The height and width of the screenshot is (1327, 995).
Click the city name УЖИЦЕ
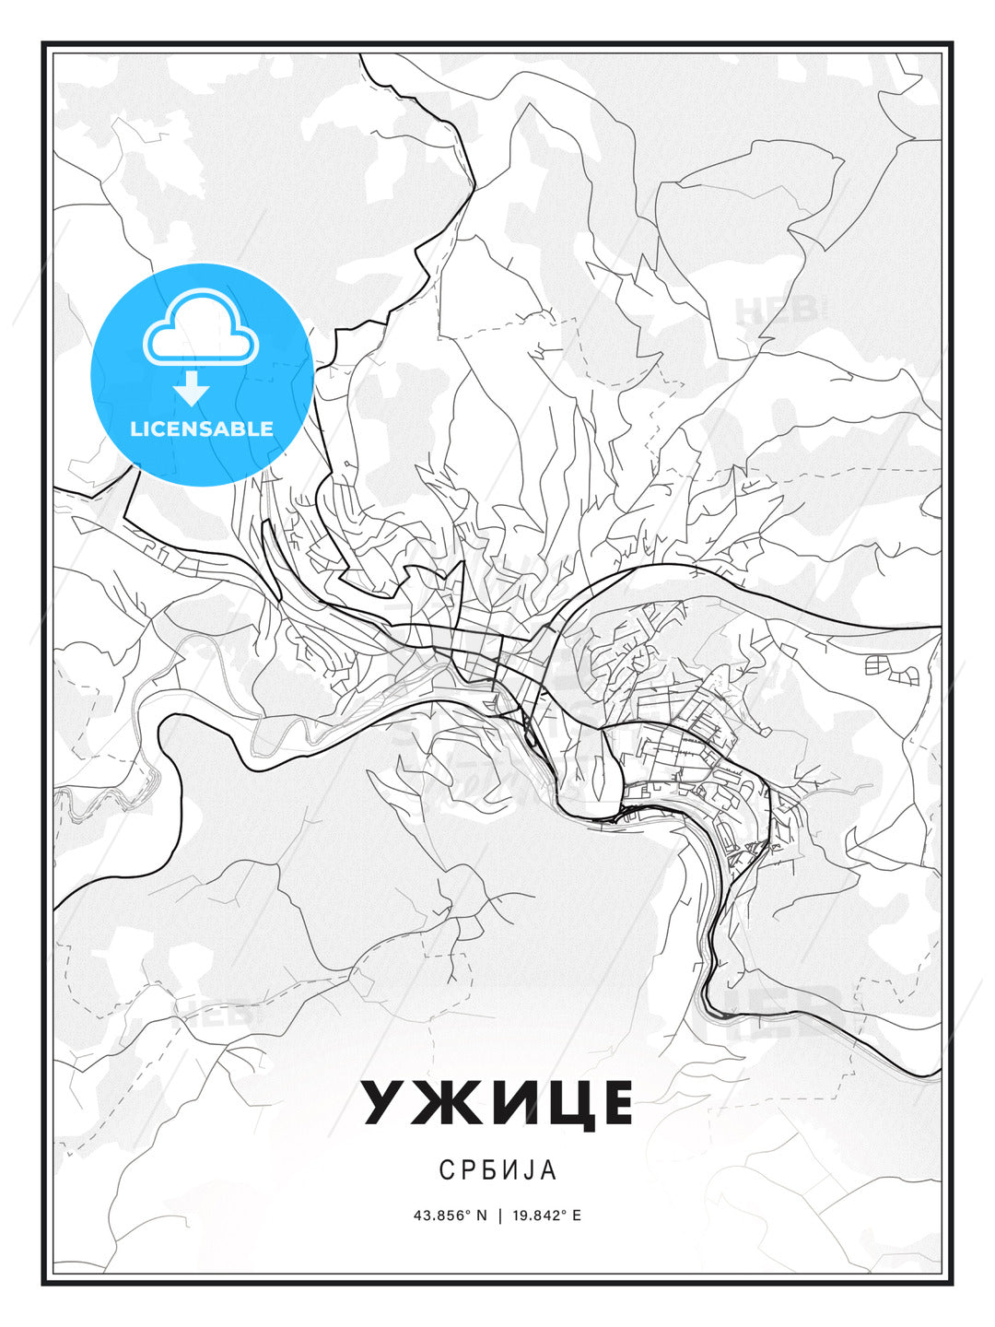pyautogui.click(x=497, y=1102)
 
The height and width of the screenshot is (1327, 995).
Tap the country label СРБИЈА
pyautogui.click(x=497, y=1169)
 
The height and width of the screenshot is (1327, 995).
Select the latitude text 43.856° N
pyautogui.click(x=450, y=1215)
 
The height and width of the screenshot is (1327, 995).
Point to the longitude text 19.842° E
pyautogui.click(x=544, y=1215)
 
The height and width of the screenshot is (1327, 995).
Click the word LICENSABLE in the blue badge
pyautogui.click(x=202, y=429)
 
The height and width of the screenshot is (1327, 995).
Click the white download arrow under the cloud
pyautogui.click(x=193, y=388)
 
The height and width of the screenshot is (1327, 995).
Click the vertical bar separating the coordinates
pyautogui.click(x=499, y=1215)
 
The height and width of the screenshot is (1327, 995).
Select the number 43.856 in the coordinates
pyautogui.click(x=441, y=1215)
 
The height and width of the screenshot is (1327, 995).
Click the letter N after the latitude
pyautogui.click(x=481, y=1215)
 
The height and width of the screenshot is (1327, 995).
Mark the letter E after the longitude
pyautogui.click(x=577, y=1215)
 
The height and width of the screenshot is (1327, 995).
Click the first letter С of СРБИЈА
pyautogui.click(x=446, y=1169)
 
